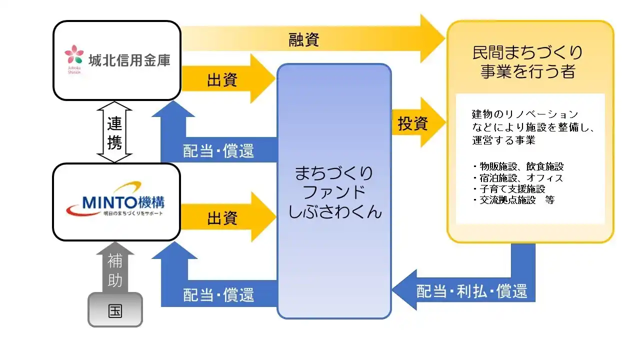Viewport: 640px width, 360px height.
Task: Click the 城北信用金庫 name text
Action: (129, 60)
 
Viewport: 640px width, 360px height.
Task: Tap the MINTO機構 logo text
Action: (115, 202)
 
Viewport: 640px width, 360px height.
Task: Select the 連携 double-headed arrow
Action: (114, 132)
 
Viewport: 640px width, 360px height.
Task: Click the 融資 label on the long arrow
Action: (304, 39)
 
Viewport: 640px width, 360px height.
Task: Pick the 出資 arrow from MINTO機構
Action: (222, 218)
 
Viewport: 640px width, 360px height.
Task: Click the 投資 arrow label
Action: (413, 123)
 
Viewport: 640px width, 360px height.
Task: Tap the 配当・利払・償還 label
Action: (471, 291)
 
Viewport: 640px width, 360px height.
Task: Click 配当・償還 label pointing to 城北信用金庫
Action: (218, 150)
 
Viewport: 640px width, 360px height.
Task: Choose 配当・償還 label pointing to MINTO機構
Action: (218, 294)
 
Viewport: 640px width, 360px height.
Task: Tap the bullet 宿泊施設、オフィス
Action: (517, 177)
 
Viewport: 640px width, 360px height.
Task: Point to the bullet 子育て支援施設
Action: (508, 188)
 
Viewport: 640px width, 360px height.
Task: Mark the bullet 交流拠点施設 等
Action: (513, 199)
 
